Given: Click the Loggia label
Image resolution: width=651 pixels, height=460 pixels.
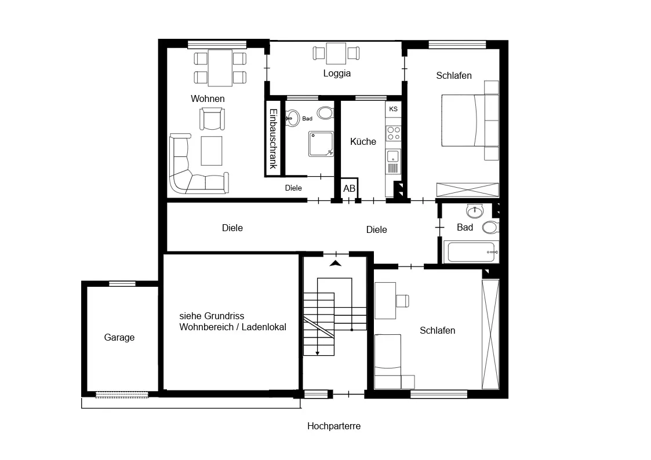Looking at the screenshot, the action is coord(337,74).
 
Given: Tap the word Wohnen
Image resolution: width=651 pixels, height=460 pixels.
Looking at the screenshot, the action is coord(208,98).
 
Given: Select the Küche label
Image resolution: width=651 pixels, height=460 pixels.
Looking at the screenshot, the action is coord(363,141).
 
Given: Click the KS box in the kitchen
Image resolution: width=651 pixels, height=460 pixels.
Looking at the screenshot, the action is coord(393,109).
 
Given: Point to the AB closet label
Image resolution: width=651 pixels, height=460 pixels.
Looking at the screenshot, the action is coord(349,189).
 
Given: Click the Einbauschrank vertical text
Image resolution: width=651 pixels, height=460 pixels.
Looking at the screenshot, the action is coord(273,138).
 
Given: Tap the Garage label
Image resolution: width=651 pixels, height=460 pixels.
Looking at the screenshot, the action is coord(119,338).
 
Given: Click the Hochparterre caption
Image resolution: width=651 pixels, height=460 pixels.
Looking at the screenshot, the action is coord(334,426).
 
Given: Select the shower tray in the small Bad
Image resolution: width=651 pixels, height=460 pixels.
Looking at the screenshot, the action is coord(321,144).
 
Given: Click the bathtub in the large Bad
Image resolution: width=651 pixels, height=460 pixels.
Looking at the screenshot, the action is coord(471,252).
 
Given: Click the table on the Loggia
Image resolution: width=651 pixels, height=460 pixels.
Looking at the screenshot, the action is coord(336,53).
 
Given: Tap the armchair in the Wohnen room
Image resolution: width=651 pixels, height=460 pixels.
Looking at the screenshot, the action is coord(212,119).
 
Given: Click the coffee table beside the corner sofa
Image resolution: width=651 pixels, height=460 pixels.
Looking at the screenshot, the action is coord(212,151).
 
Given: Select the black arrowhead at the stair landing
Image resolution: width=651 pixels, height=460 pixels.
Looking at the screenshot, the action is coord(336,263).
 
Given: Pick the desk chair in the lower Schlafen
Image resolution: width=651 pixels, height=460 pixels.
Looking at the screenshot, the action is coord(403,301).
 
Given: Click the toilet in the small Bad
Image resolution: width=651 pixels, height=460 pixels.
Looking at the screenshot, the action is coord(326,113).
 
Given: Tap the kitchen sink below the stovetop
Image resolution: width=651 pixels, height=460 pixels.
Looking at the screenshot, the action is coord(393,157).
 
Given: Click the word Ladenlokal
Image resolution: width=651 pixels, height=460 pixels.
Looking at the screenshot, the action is coord(264,327).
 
